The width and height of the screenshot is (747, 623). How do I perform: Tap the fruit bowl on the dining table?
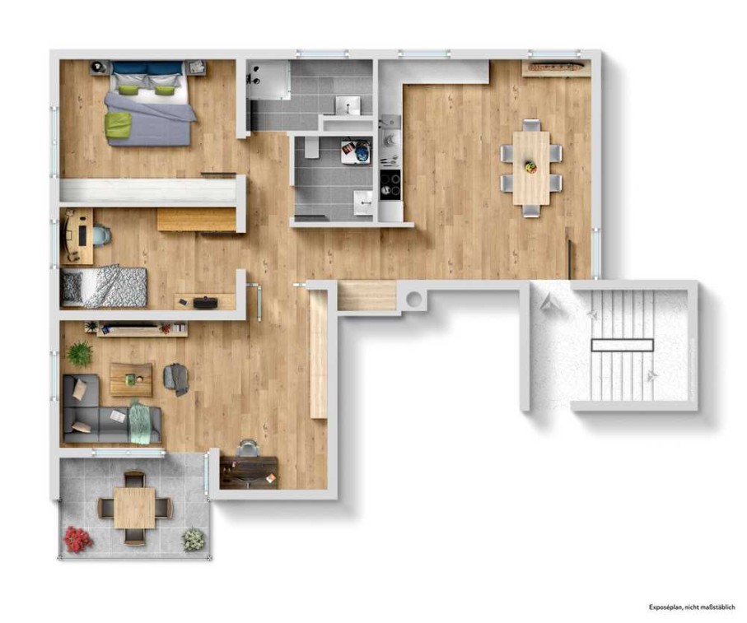[530, 167]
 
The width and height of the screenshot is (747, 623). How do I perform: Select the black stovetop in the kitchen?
[390, 184]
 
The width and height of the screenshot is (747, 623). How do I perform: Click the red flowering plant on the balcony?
[78, 539]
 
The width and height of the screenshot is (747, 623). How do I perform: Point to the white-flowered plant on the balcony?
[194, 539]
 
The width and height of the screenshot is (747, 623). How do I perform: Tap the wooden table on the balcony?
[134, 508]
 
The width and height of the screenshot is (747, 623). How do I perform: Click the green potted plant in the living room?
[80, 354]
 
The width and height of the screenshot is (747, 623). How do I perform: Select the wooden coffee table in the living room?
[131, 379]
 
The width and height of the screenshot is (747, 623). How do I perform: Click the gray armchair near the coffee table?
[176, 379]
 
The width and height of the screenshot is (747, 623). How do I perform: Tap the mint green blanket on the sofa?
[142, 421]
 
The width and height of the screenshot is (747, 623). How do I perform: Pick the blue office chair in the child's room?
[100, 235]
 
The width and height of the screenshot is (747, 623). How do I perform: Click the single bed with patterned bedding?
[104, 287]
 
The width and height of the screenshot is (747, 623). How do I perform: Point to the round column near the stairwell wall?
[414, 300]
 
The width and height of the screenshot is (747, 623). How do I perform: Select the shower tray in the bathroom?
[268, 80]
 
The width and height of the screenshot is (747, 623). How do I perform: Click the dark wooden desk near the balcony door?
[249, 472]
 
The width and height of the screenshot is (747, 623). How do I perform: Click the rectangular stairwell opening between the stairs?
[622, 345]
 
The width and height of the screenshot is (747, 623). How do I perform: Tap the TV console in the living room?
[142, 329]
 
